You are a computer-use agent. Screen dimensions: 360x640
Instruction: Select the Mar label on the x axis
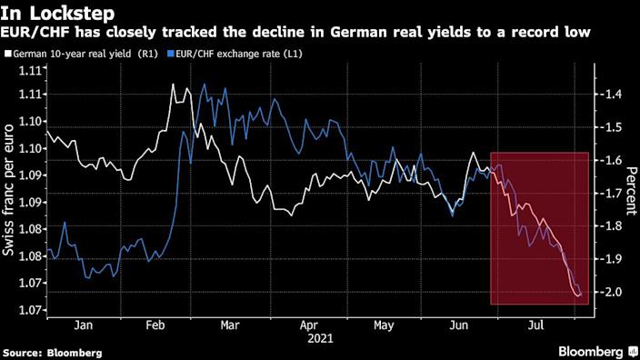(x=230, y=325)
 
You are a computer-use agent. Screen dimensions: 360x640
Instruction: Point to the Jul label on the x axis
(x=536, y=325)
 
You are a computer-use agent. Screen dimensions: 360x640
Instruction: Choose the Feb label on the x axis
(x=155, y=325)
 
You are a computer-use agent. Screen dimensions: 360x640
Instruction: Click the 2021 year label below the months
(x=320, y=338)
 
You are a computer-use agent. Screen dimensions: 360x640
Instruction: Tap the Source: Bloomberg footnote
(x=52, y=352)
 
